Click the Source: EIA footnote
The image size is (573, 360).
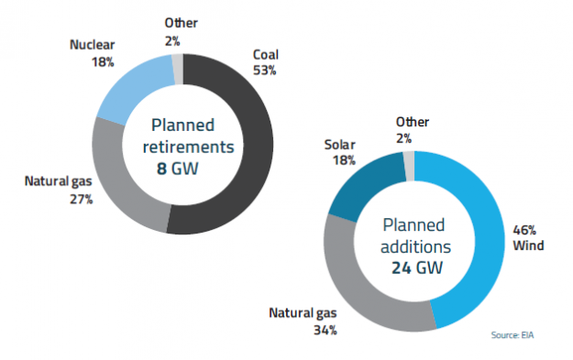coord(516,337)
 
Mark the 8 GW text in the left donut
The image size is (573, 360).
coord(182,167)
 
